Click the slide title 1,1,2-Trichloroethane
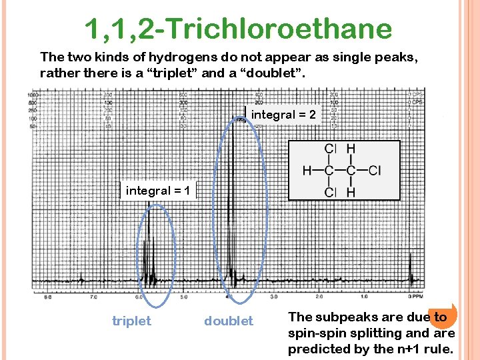(238, 29)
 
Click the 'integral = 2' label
(283, 115)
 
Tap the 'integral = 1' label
(158, 191)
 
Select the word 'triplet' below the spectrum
(131, 321)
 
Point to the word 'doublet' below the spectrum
(229, 321)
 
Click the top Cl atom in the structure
(329, 149)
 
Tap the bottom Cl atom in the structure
(329, 193)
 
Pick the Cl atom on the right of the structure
(374, 171)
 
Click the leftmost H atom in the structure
(307, 171)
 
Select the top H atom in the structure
(351, 149)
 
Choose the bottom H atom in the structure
(351, 193)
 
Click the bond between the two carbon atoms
(340, 171)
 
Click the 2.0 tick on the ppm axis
(319, 296)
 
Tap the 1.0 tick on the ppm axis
(364, 296)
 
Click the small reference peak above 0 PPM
(410, 273)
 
